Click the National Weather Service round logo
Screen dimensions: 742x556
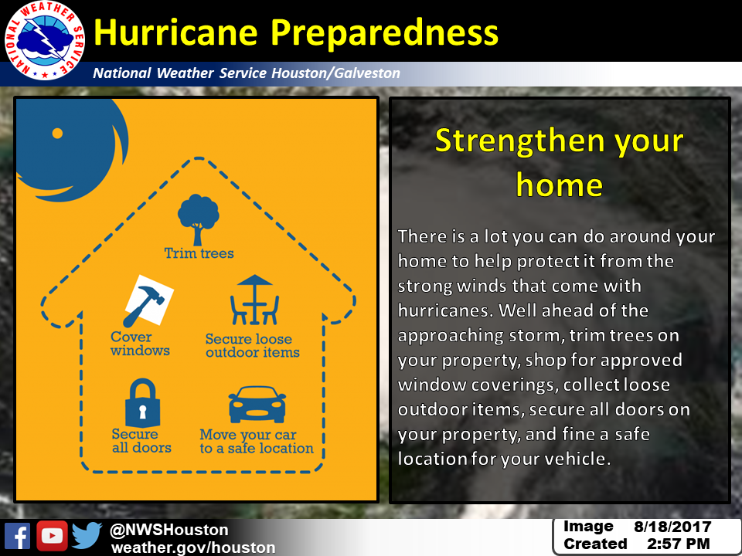pos(45,41)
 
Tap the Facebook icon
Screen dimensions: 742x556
pos(18,536)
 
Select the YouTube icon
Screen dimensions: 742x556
pos(52,536)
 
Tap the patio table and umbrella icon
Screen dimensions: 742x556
pos(254,300)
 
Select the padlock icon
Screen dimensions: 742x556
pos(142,403)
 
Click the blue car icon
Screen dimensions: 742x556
pos(257,405)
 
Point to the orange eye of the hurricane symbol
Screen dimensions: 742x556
pos(57,134)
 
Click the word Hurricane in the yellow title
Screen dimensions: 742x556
pos(175,33)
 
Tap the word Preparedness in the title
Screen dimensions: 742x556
pos(385,34)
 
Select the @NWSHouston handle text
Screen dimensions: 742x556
pos(169,530)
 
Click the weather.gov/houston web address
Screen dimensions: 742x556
pos(193,548)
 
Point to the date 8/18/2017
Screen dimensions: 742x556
pos(672,527)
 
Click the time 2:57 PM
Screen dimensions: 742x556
pos(678,544)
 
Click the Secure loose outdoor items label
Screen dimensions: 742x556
pos(252,346)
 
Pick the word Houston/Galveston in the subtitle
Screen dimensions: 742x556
pos(335,73)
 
